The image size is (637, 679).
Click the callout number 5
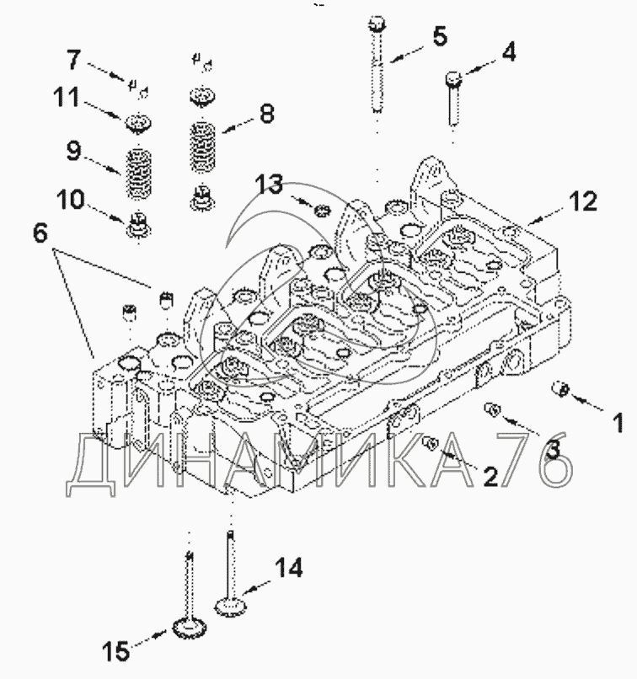coord(440,36)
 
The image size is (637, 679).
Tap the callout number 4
coord(509,52)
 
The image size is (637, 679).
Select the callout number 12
coord(583,201)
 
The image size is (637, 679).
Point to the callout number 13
coord(269,184)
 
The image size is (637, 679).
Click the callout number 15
coord(116,651)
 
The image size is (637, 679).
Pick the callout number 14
coord(288,567)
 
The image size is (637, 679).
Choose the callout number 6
coord(40,234)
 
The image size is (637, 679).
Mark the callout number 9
coord(73,151)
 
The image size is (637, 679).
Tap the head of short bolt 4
coord(453,78)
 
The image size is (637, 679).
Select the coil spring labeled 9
coord(138,174)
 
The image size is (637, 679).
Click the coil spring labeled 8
coord(203,147)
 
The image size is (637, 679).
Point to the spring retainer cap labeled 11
coord(138,123)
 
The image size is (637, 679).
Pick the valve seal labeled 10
coord(138,225)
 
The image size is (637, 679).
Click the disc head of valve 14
coord(231,606)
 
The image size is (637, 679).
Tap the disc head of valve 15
coord(190,628)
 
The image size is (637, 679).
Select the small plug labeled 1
coord(560,388)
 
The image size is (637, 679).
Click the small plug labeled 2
coord(431,442)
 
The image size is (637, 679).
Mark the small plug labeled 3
coord(492,409)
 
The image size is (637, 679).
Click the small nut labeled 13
coord(322,211)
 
